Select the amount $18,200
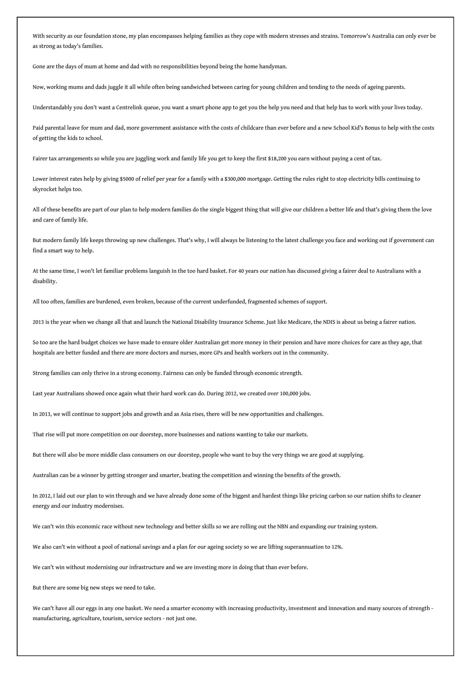click(277, 159)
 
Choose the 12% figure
click(337, 547)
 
